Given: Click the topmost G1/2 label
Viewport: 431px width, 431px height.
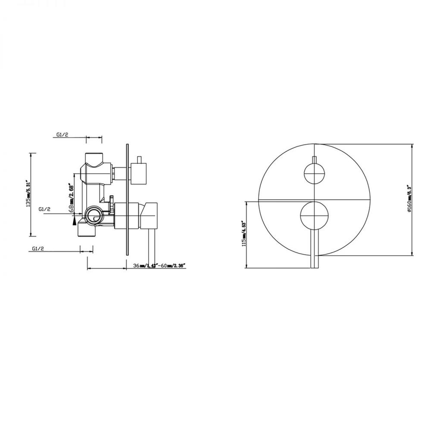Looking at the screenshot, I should coord(62,135).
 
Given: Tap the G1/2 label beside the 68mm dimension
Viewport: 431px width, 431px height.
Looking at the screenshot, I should coord(45,209).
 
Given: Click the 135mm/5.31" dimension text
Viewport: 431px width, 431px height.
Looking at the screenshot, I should coord(29,194).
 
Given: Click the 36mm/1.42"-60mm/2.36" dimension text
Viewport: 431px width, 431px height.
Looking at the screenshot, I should coord(158,265).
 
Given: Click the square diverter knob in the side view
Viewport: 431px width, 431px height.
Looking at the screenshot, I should coord(140,172).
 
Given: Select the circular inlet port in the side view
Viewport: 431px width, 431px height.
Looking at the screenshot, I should coord(94,215).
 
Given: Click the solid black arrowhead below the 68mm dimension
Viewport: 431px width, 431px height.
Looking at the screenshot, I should coord(75,221).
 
